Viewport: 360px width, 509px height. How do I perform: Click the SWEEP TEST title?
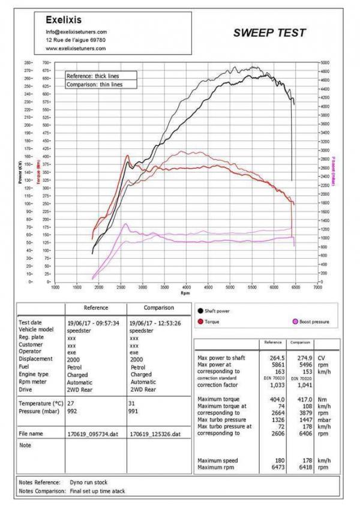click(269, 33)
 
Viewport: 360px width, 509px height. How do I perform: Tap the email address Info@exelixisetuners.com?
click(76, 32)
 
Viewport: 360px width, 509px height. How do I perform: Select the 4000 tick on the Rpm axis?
click(187, 287)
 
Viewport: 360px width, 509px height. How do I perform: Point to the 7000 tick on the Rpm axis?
click(317, 287)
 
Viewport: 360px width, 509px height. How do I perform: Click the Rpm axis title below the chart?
click(186, 294)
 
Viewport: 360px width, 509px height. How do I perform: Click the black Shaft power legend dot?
click(199, 311)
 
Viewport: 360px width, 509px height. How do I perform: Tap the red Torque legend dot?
click(199, 322)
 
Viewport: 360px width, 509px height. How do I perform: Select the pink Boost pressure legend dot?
click(294, 322)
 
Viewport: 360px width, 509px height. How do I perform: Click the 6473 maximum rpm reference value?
click(274, 467)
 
